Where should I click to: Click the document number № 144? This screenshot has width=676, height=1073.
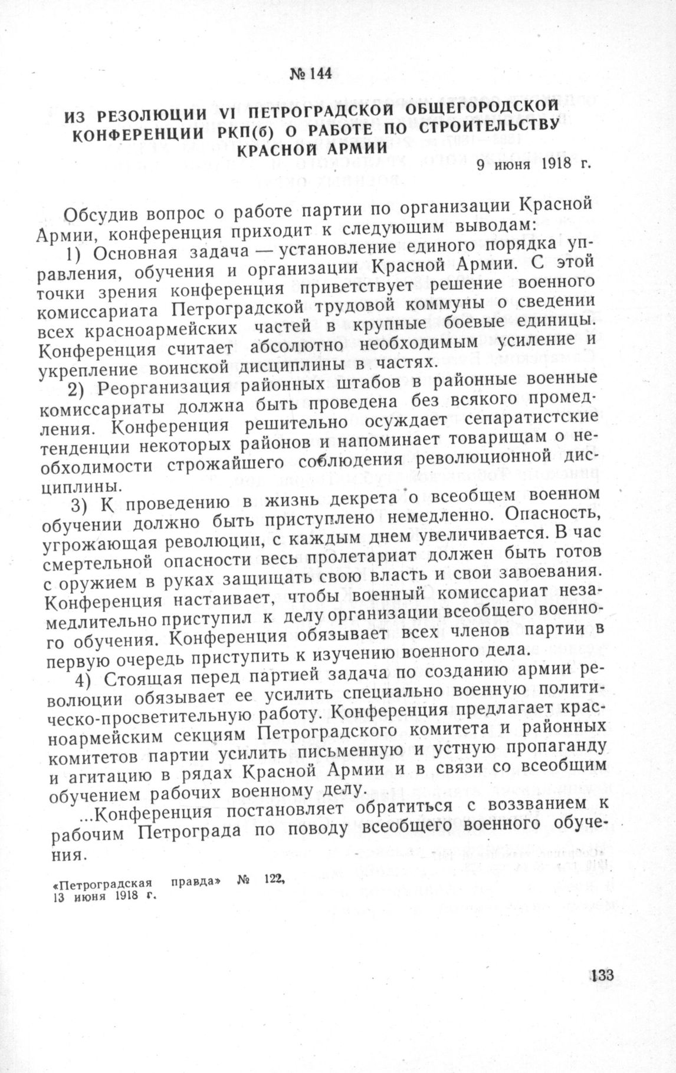point(311,75)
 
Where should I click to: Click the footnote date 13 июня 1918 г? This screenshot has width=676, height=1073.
point(98,896)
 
